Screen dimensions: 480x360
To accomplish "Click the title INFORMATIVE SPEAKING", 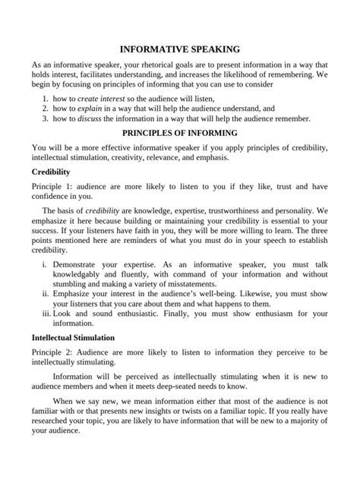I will click(x=179, y=47).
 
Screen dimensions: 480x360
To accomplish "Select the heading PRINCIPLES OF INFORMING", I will click(x=179, y=131).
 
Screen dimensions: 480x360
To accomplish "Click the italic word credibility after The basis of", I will click(x=105, y=210).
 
